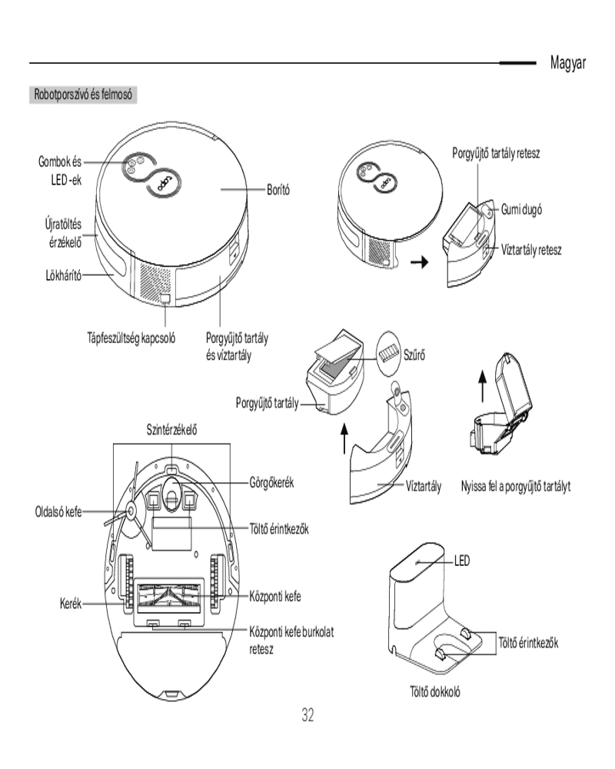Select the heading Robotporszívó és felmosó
click(x=84, y=96)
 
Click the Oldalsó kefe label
click(x=58, y=511)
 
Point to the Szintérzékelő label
click(x=171, y=428)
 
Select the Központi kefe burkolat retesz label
click(x=292, y=640)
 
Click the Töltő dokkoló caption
click(x=435, y=691)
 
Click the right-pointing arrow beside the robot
click(x=418, y=263)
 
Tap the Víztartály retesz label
click(x=532, y=251)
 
